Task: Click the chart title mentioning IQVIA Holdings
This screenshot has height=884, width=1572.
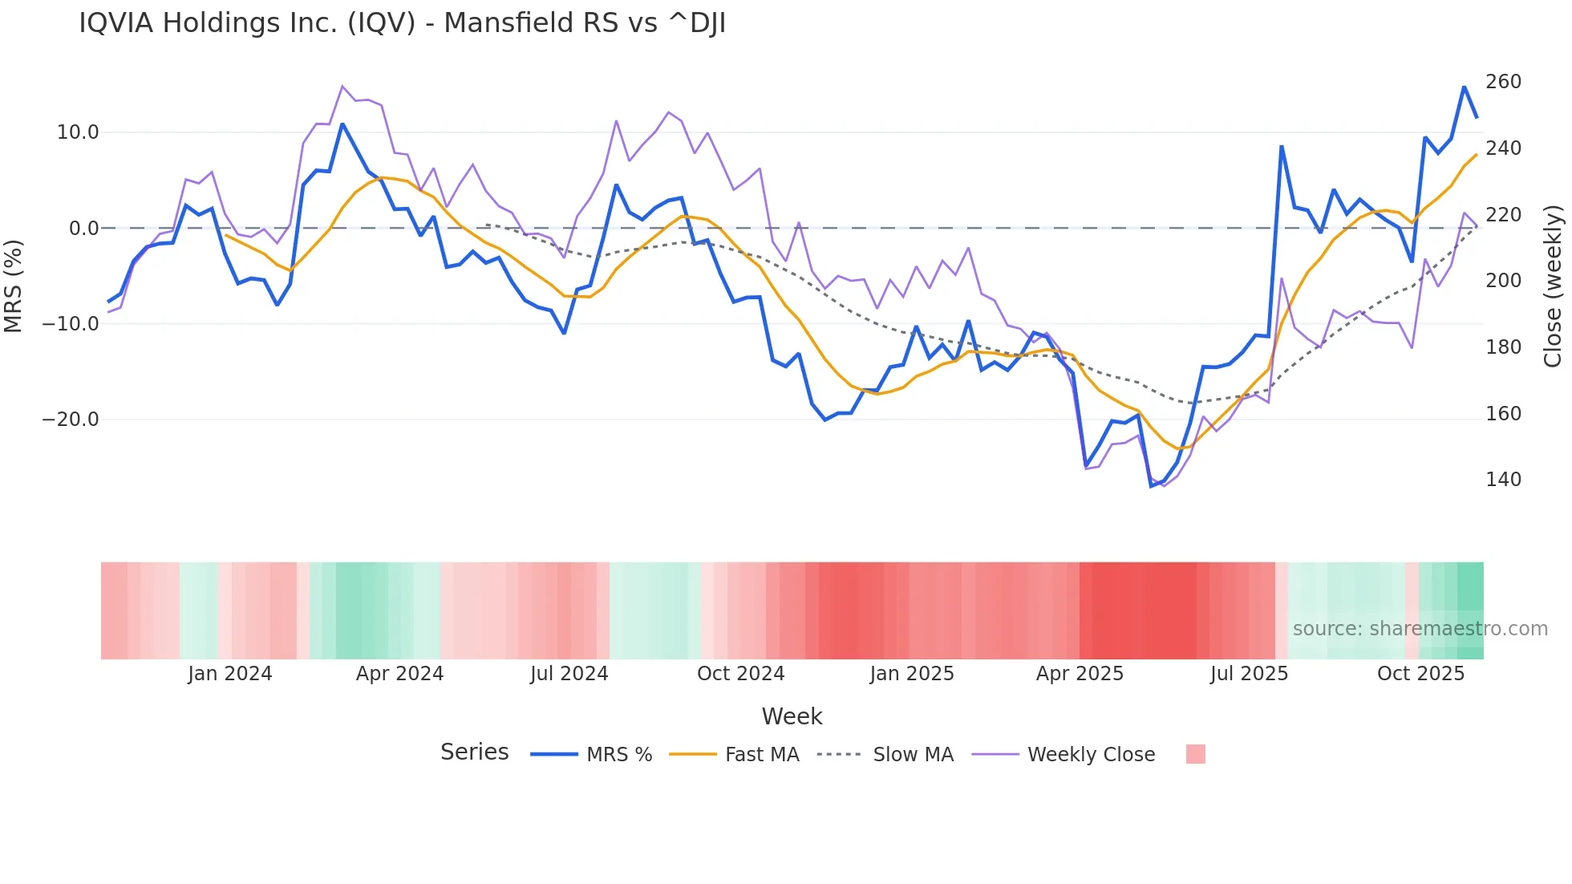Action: click(x=402, y=23)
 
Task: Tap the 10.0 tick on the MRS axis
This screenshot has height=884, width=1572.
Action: click(x=78, y=132)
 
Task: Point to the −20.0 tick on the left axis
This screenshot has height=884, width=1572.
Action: click(x=71, y=420)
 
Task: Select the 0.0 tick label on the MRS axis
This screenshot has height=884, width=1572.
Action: click(x=83, y=229)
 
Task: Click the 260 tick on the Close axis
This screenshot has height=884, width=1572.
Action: click(x=1503, y=82)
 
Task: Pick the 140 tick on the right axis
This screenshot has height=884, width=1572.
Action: click(x=1503, y=480)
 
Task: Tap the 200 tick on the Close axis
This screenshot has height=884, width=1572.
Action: click(x=1503, y=281)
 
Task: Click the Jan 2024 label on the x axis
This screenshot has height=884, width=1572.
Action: click(x=230, y=674)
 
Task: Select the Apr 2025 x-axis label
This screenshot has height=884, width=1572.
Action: click(x=1080, y=674)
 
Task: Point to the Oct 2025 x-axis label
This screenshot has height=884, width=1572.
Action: click(x=1420, y=674)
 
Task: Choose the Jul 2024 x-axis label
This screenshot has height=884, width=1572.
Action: click(x=569, y=674)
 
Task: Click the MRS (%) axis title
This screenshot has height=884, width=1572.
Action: click(x=14, y=286)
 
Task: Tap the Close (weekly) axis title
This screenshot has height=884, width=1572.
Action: click(x=1554, y=286)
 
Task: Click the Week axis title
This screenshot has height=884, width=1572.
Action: click(x=792, y=716)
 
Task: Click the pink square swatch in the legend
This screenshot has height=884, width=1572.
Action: click(x=1195, y=754)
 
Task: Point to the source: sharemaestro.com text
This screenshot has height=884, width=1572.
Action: click(x=1420, y=629)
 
